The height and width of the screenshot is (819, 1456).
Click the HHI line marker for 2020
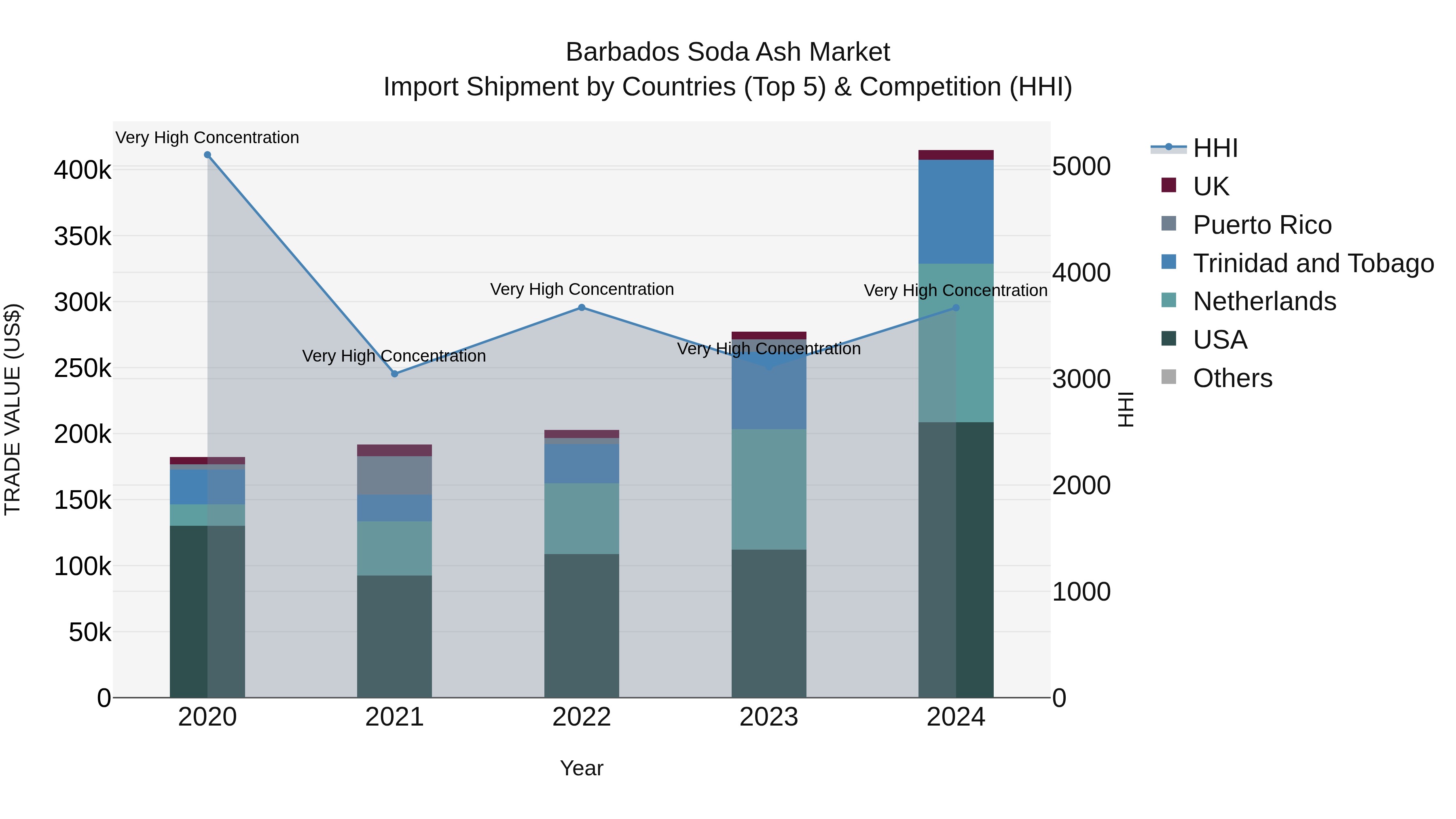click(207, 155)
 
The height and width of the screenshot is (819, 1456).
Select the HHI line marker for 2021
click(394, 374)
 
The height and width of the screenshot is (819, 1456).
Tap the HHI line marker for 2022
click(582, 307)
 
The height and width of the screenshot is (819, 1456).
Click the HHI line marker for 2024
click(956, 308)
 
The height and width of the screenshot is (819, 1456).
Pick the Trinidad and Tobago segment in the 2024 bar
click(956, 212)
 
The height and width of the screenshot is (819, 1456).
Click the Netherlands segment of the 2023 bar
click(769, 489)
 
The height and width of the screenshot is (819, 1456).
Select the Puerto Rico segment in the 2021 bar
click(394, 475)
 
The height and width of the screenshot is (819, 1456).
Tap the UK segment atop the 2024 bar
click(956, 155)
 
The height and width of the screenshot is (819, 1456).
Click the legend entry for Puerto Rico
click(1261, 225)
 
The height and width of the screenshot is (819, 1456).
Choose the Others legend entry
click(1232, 378)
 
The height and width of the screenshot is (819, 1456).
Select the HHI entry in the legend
click(1215, 148)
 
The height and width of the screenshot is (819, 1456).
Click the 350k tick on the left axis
click(83, 236)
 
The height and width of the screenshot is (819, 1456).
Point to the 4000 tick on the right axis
click(1081, 273)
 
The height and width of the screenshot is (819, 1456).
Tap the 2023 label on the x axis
click(769, 717)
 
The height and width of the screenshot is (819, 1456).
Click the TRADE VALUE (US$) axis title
click(13, 409)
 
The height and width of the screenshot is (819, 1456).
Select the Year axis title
click(582, 768)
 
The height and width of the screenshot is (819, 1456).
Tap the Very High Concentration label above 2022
click(582, 290)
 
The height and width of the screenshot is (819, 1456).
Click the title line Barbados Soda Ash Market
click(728, 52)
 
